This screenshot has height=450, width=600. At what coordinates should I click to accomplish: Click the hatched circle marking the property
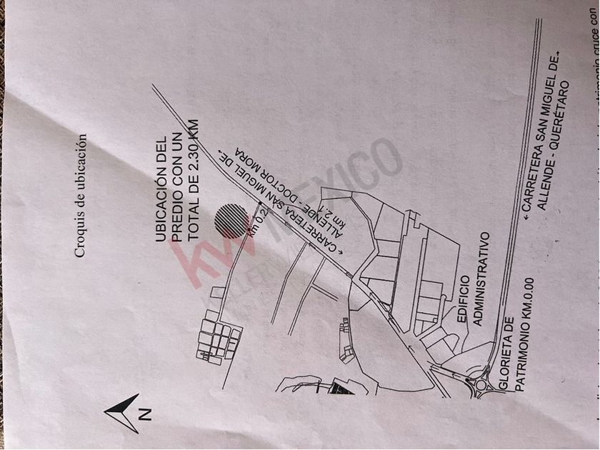230,218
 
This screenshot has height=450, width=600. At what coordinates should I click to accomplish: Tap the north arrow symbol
123,413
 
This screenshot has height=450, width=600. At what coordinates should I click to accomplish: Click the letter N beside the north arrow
144,413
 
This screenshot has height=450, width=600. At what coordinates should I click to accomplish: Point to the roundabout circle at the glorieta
481,385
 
